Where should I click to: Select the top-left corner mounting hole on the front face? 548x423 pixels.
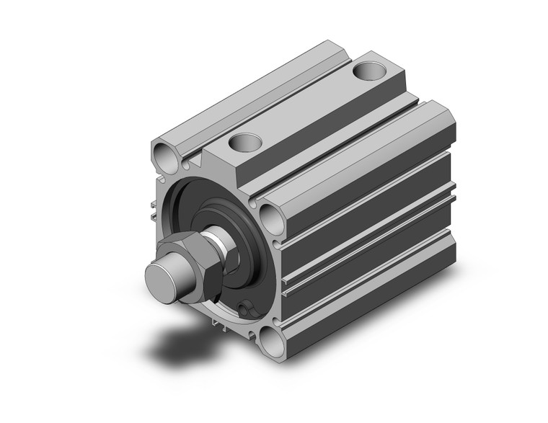(164, 153)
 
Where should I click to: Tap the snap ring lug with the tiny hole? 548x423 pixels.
(247, 310)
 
